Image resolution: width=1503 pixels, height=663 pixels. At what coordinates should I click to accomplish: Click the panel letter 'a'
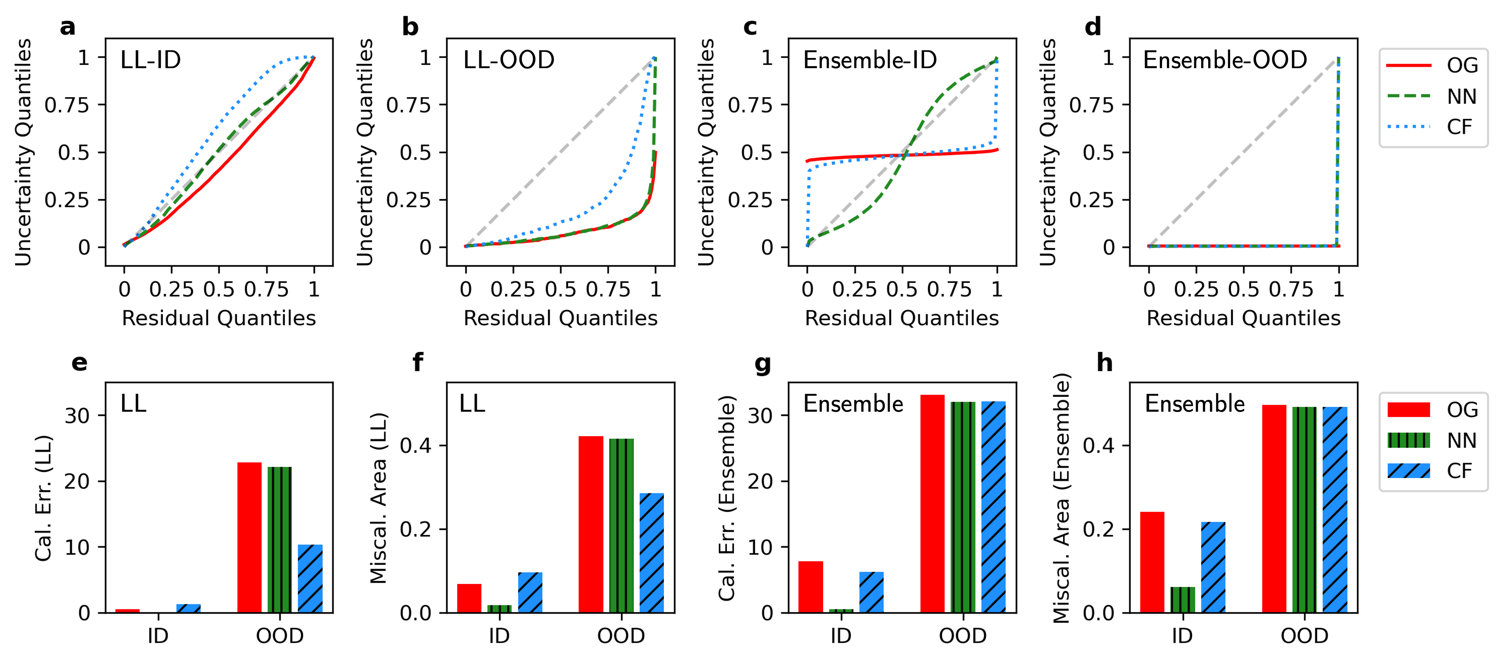click(68, 27)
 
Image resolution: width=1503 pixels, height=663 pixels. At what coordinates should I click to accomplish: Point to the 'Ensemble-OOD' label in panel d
click(1224, 60)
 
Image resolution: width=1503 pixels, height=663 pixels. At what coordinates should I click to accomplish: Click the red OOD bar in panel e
click(249, 537)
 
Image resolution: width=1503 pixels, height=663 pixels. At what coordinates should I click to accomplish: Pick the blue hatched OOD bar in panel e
click(310, 578)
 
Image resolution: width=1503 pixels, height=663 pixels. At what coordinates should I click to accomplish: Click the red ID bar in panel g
click(810, 586)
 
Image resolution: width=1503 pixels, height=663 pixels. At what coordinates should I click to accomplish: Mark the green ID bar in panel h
click(1183, 599)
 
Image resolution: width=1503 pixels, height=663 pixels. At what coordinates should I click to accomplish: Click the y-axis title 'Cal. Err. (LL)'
click(44, 498)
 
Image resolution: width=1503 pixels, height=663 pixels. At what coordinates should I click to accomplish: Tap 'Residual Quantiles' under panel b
click(560, 318)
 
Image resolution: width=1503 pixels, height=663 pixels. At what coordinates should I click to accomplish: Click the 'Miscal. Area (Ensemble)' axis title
click(1061, 498)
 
